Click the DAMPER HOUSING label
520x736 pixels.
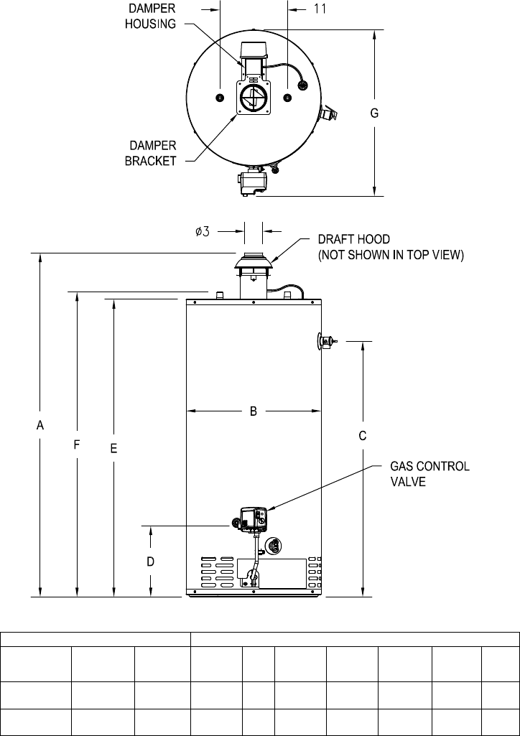click(150, 16)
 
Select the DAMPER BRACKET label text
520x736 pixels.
click(150, 152)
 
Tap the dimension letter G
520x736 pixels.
click(374, 113)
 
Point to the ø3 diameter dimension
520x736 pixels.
click(203, 231)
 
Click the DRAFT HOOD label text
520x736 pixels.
click(354, 239)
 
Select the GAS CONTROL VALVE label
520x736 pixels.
click(430, 474)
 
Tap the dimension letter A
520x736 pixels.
click(40, 425)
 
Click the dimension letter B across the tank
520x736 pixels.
click(254, 411)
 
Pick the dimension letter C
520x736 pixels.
click(362, 436)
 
